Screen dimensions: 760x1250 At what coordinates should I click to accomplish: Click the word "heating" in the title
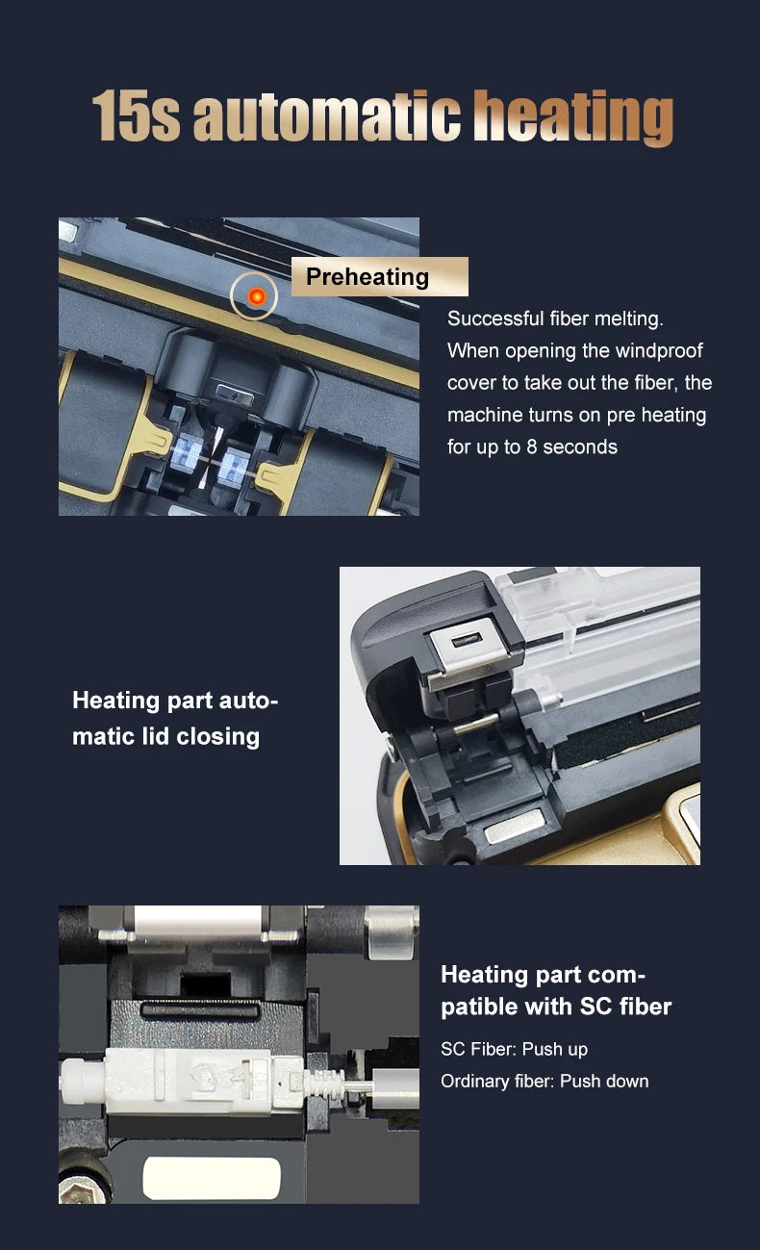click(573, 117)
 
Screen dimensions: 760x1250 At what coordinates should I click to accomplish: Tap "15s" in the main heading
click(136, 116)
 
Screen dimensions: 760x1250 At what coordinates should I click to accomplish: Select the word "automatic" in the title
click(326, 116)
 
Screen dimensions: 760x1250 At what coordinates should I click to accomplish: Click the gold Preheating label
click(379, 277)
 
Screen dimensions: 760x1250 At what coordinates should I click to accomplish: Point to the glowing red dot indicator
click(257, 296)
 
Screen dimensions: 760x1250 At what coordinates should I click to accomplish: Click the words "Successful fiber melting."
click(555, 319)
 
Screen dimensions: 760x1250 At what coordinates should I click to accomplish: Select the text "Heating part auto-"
click(175, 701)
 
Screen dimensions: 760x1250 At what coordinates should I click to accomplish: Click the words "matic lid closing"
click(165, 736)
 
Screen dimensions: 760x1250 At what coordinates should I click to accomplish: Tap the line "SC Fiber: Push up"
click(514, 1049)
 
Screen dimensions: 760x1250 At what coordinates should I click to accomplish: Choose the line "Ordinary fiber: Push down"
click(545, 1081)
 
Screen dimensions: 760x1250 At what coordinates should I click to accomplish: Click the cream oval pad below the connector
click(212, 1179)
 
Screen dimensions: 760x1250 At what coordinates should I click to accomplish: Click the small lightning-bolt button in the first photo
click(235, 395)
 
